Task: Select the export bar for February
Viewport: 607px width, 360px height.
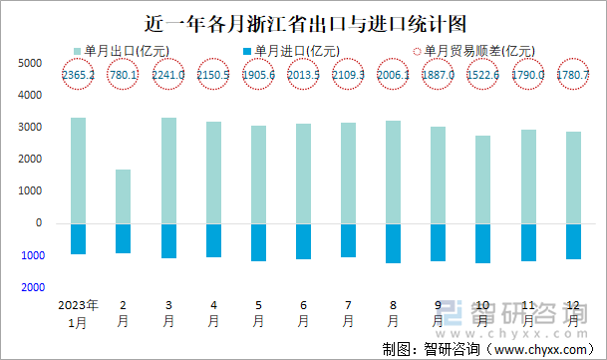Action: tap(124, 196)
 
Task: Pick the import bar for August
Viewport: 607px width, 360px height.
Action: tap(394, 243)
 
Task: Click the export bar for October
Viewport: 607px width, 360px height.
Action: tap(483, 180)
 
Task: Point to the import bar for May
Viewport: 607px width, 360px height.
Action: tap(258, 242)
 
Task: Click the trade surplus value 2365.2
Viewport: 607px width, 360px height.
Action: tap(78, 74)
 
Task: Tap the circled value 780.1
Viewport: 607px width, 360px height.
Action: tap(124, 74)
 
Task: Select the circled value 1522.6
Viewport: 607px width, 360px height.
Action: tap(483, 74)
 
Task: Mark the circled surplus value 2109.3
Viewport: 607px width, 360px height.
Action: tap(349, 74)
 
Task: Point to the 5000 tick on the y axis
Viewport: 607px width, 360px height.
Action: tap(31, 63)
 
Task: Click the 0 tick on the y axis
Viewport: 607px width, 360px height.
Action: tap(38, 223)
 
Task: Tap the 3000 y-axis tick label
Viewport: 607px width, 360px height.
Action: tap(31, 127)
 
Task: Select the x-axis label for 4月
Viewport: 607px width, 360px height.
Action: tap(213, 313)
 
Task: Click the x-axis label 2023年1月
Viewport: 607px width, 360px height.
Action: tap(78, 313)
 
